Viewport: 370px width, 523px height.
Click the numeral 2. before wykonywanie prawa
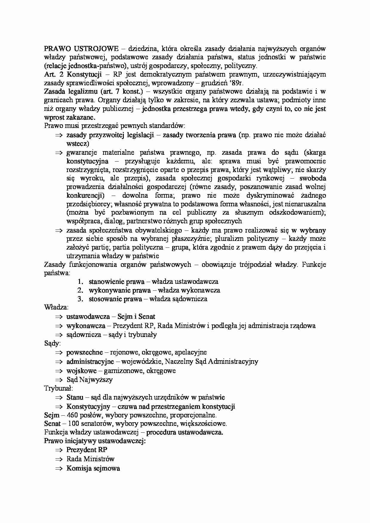point(80,290)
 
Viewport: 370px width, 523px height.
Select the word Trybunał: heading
point(58,388)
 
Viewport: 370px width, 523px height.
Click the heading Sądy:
point(52,343)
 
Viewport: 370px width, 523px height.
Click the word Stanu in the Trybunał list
point(75,397)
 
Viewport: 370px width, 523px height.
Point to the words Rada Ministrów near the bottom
point(90,459)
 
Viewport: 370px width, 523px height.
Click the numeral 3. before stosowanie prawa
point(80,299)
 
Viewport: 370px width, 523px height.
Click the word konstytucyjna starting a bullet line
point(87,161)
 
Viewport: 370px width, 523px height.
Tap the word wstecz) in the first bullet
point(78,144)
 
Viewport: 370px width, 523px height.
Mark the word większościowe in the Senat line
point(206,423)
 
